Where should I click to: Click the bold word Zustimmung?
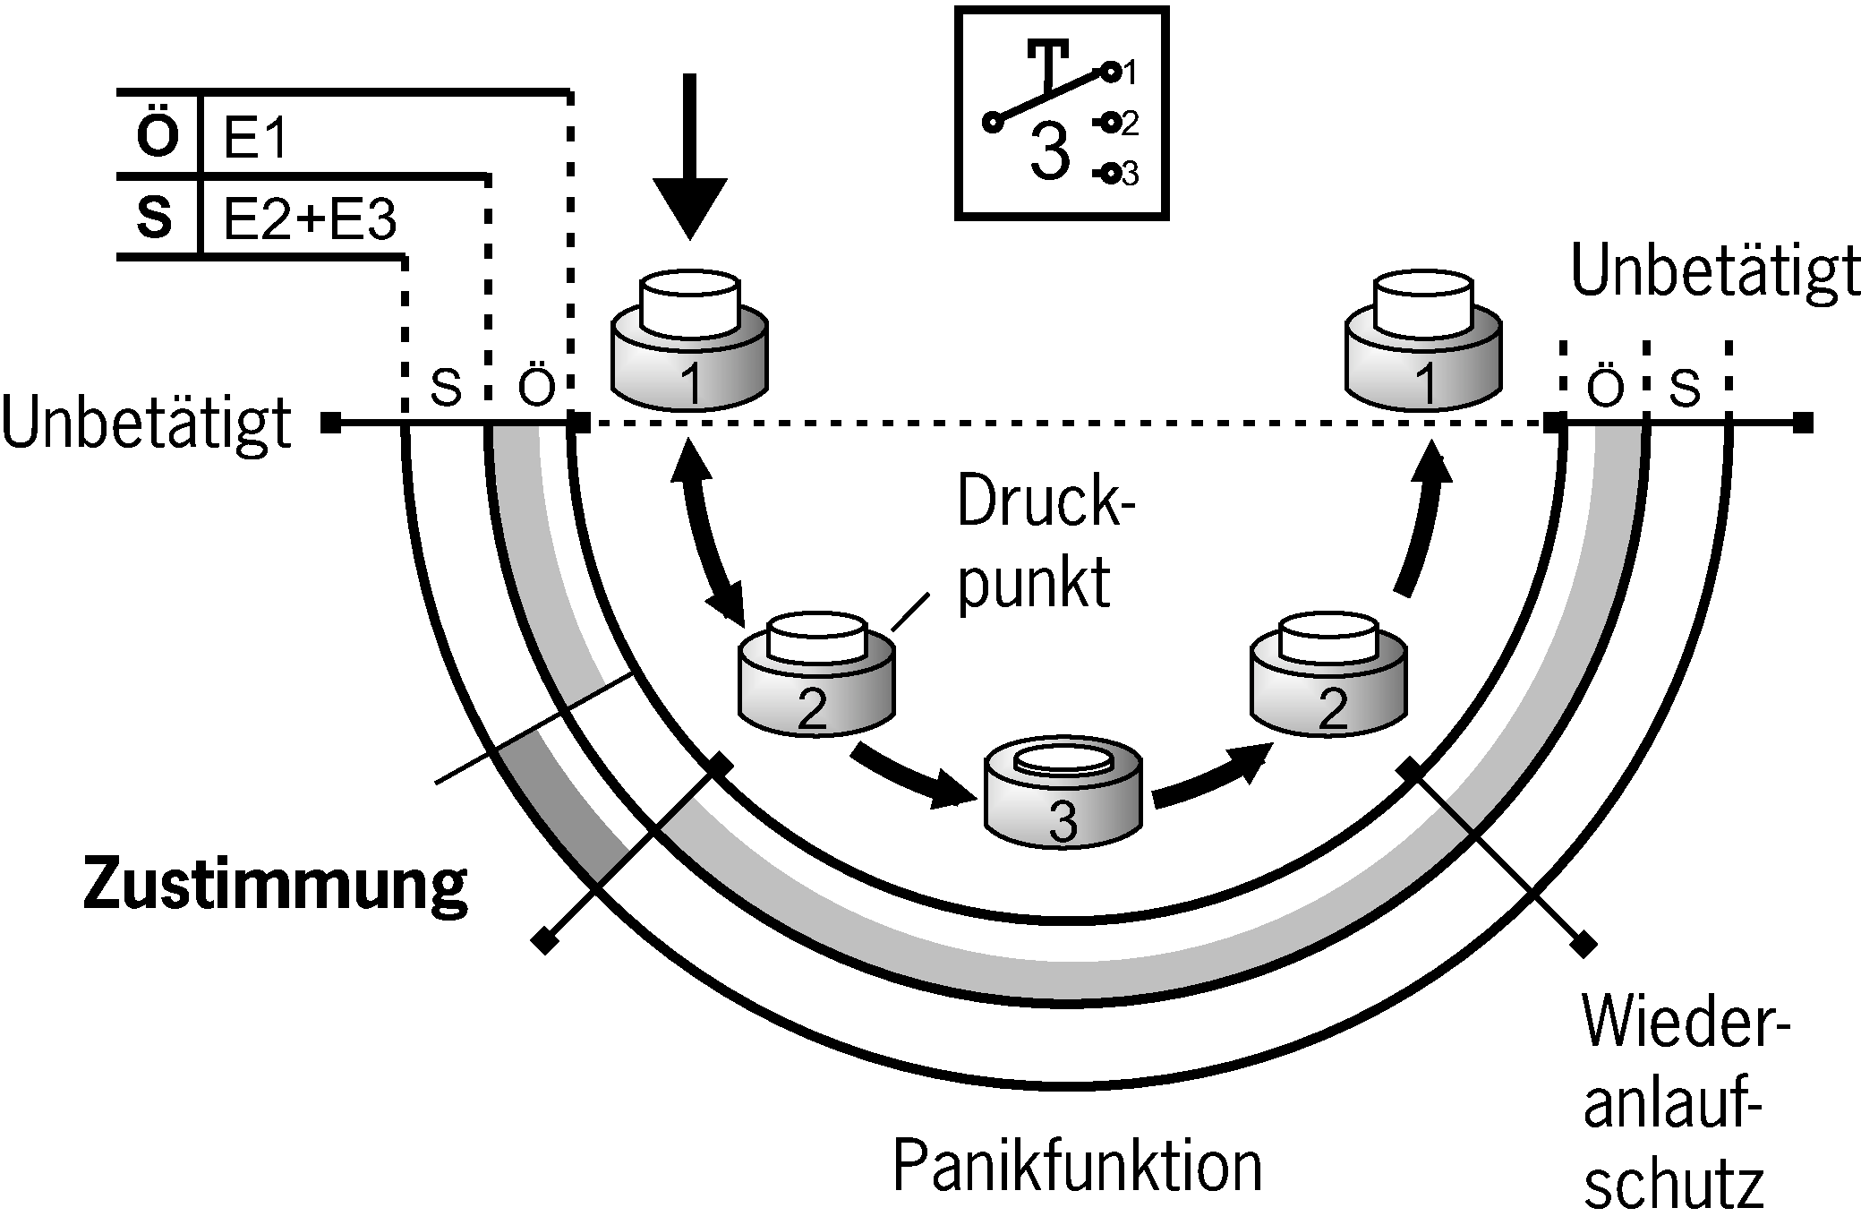(275, 884)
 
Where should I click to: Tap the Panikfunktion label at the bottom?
(1077, 1165)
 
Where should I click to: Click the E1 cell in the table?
(254, 138)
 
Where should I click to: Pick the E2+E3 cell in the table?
(309, 219)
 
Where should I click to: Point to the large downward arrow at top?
(689, 161)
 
